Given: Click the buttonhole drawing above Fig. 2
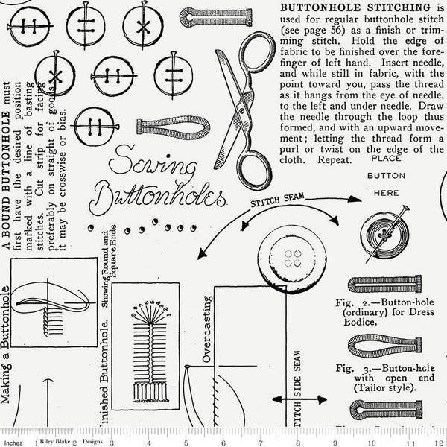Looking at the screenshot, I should pos(384,285).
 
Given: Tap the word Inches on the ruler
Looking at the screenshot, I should pos(12,440).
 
